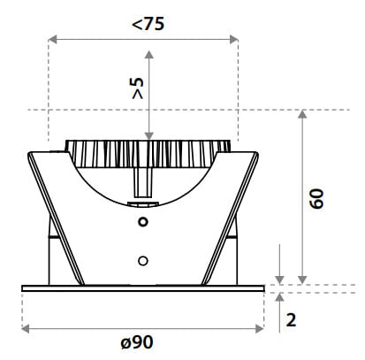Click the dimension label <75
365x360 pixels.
click(148, 24)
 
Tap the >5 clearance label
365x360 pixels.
click(138, 88)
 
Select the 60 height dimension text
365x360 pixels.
click(316, 199)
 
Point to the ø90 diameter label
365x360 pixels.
click(137, 342)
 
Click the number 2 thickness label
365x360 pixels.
click(291, 319)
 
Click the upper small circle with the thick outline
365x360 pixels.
click(143, 222)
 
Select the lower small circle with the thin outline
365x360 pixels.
click(143, 261)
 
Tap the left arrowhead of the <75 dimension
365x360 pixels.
click(52, 39)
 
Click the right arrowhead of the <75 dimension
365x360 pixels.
click(234, 39)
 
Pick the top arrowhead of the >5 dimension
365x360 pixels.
click(149, 55)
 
